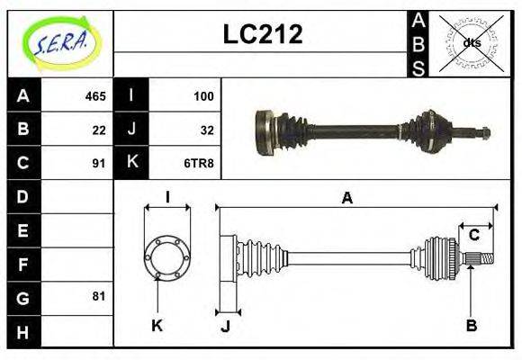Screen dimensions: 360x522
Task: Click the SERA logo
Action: click(x=60, y=43)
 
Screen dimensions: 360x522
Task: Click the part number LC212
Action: click(x=262, y=34)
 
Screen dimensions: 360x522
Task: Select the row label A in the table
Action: click(x=23, y=95)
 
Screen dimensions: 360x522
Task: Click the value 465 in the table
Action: click(x=95, y=95)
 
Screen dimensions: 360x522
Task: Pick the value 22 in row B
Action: click(x=99, y=129)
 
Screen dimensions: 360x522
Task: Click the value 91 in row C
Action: click(x=99, y=163)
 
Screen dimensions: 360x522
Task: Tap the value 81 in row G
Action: click(x=99, y=296)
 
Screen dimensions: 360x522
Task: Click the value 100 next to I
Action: click(x=203, y=95)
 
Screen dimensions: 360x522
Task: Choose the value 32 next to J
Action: click(x=206, y=129)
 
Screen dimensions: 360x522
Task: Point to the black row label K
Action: click(x=131, y=163)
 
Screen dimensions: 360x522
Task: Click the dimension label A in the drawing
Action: click(x=346, y=197)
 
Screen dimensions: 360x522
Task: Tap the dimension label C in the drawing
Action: click(x=473, y=236)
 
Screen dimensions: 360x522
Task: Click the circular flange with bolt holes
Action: click(x=167, y=258)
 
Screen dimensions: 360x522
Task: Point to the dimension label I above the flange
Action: click(x=167, y=197)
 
